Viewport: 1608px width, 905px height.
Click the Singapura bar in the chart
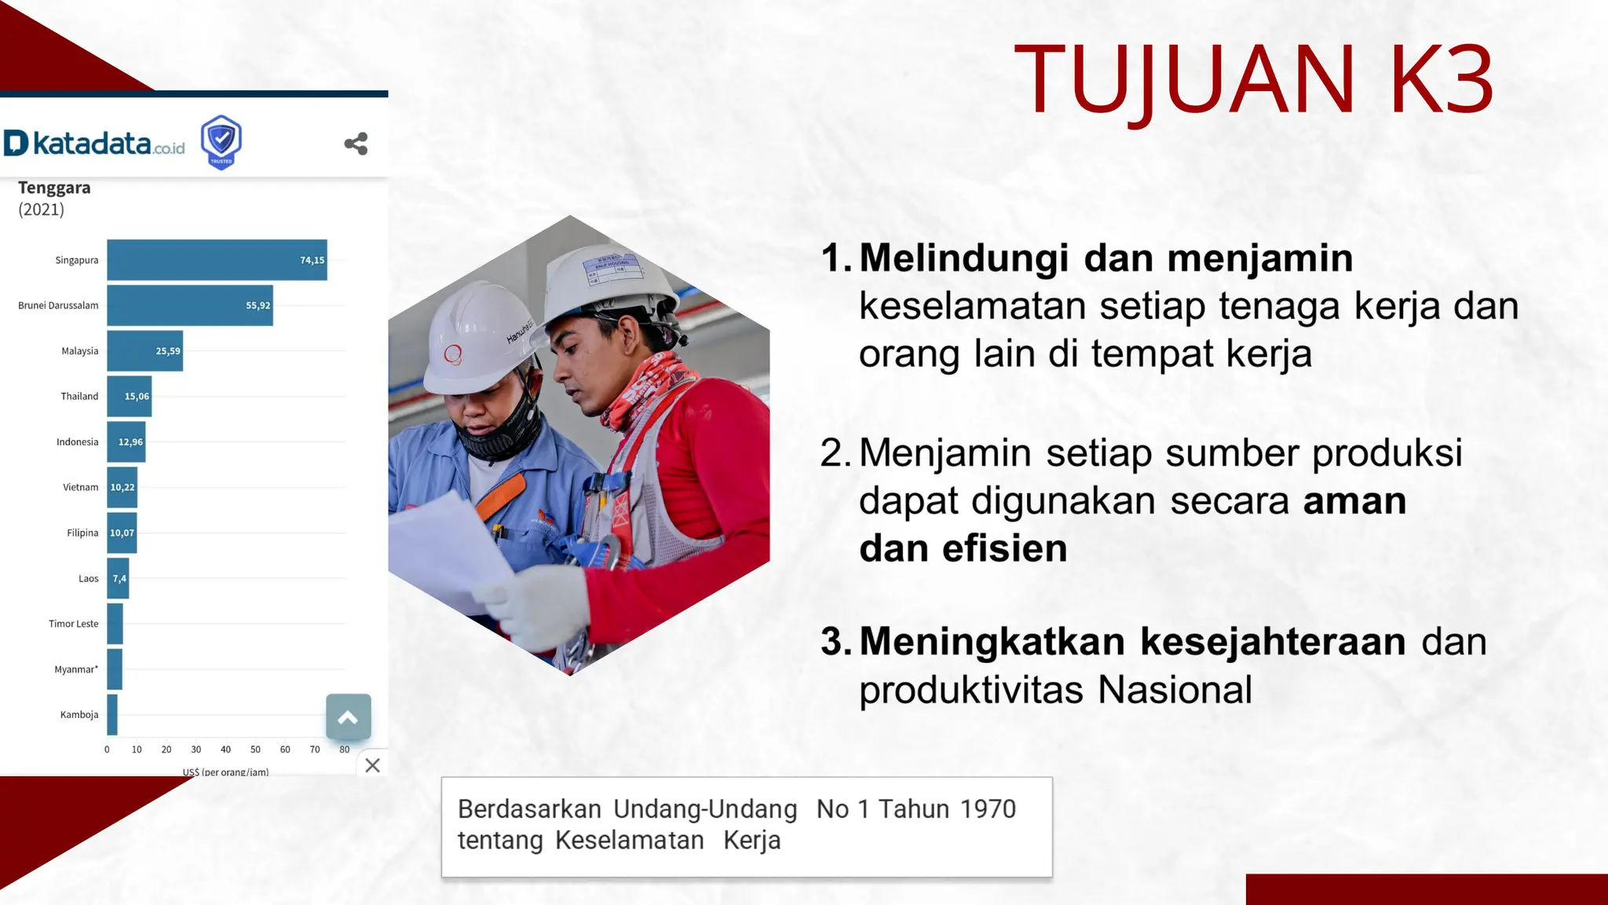click(217, 260)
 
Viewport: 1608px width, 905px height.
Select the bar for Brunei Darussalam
click(189, 306)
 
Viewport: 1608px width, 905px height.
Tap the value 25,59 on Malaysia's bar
click(167, 351)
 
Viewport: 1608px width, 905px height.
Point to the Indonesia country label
click(77, 442)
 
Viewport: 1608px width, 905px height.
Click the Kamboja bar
click(112, 715)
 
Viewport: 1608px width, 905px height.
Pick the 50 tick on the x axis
click(255, 749)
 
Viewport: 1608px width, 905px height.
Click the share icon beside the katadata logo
click(356, 144)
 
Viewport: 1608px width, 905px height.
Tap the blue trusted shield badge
click(221, 142)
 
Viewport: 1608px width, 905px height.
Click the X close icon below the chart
click(373, 765)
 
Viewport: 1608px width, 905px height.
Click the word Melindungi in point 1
click(963, 258)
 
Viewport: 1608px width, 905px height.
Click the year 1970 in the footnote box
click(988, 809)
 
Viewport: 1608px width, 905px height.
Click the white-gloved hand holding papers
click(542, 605)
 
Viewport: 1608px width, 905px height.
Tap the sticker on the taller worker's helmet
click(614, 268)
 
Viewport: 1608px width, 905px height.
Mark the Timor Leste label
click(73, 624)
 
